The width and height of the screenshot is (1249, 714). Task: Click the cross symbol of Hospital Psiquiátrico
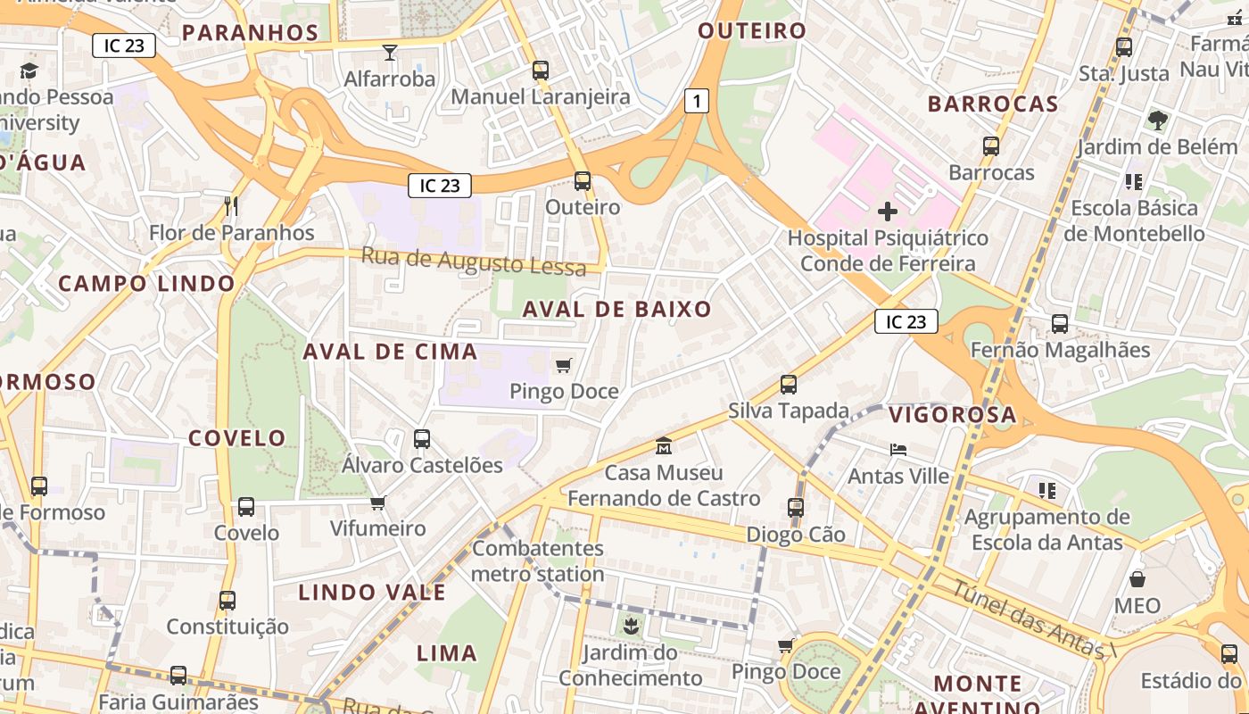point(888,212)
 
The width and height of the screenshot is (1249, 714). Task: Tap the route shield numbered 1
point(697,101)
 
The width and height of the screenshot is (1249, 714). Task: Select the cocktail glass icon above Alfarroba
point(390,53)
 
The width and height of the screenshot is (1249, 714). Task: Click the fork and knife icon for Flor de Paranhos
point(231,206)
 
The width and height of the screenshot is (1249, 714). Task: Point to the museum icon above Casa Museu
point(664,445)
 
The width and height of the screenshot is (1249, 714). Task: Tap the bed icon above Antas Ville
point(898,450)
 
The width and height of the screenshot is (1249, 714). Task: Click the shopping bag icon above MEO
point(1137,579)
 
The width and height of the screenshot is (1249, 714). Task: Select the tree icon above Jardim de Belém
point(1157,120)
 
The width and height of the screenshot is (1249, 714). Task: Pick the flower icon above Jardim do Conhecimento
point(631,626)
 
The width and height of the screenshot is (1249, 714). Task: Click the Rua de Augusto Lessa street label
point(474,262)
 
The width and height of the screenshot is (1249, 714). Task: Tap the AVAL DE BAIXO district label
point(617,310)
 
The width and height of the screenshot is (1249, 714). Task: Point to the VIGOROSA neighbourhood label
point(952,414)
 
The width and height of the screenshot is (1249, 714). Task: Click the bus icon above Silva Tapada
point(789,385)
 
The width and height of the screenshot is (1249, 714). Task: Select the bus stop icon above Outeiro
point(583,181)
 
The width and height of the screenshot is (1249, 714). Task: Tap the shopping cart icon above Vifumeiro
point(378,502)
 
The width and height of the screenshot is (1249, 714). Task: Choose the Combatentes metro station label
point(538,560)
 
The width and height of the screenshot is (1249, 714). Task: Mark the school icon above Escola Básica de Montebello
point(1134,182)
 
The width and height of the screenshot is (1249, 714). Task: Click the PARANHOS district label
point(250,33)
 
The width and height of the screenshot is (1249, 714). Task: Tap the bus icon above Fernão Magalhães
point(1060,324)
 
